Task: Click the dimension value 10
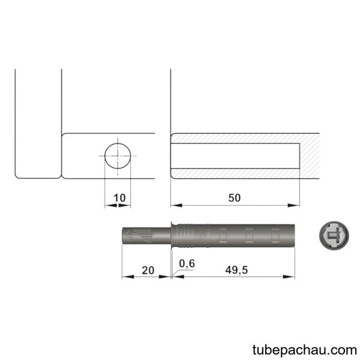(119, 197)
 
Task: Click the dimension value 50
(235, 198)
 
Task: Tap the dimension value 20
(148, 270)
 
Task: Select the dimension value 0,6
(187, 263)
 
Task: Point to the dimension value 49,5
(236, 270)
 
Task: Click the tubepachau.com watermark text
(305, 350)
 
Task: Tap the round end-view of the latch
(334, 236)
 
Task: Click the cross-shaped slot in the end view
(334, 235)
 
